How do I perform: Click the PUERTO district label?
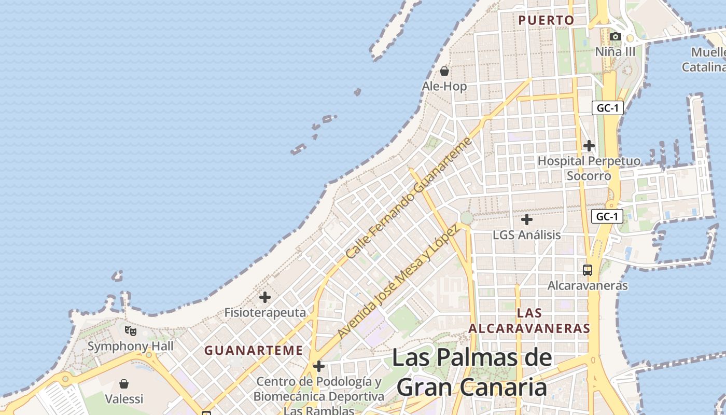point(546,20)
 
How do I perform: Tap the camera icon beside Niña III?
point(616,36)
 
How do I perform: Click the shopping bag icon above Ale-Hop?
point(444,71)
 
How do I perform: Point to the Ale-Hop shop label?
point(444,86)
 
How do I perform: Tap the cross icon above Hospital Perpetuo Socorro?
point(589,146)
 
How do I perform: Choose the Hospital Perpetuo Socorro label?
point(589,168)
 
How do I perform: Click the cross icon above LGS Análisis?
point(526,219)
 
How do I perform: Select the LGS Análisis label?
point(526,235)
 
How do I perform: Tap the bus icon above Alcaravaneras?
point(588,270)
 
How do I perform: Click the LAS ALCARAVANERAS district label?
point(529,321)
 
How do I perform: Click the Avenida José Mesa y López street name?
point(398,283)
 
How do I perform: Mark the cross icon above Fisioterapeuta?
point(265,297)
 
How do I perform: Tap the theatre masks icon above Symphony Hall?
point(131,330)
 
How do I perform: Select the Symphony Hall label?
point(131,346)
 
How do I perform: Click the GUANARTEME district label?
point(254,350)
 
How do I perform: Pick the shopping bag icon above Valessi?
point(124,384)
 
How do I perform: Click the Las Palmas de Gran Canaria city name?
point(472,372)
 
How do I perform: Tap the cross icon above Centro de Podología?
point(319,367)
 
